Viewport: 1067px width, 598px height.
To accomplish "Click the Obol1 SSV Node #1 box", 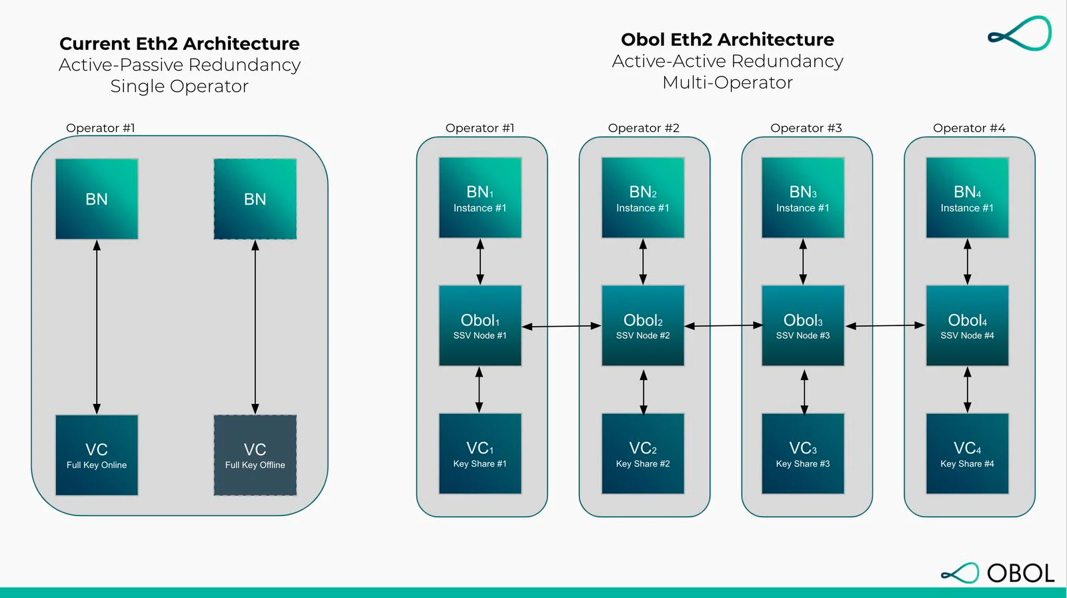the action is (x=480, y=325).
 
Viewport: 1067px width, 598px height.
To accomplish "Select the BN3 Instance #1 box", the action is (x=803, y=197).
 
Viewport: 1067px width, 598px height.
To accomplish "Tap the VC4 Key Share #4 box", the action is (x=968, y=454).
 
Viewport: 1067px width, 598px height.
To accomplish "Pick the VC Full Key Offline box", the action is (x=255, y=455).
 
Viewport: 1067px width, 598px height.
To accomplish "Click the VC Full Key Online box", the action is (x=97, y=455).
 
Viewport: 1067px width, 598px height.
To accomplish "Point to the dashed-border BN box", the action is (x=255, y=199).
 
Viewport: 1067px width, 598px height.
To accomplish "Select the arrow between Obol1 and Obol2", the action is (x=562, y=326).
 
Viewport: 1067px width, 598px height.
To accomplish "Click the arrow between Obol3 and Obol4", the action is (x=885, y=325).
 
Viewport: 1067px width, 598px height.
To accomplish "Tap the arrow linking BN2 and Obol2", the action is (x=643, y=262).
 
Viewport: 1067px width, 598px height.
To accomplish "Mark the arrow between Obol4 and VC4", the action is (x=968, y=390).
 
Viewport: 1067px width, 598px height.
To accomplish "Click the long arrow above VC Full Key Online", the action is (x=97, y=327).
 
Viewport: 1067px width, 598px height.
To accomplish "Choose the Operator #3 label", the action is (x=806, y=128).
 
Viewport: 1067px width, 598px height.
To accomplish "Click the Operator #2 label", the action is (x=644, y=128).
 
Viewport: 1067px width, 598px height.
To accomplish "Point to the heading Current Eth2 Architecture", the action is (x=179, y=44).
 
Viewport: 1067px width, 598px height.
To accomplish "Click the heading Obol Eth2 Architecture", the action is (x=728, y=39).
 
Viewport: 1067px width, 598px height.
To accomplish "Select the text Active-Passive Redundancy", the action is (x=179, y=65).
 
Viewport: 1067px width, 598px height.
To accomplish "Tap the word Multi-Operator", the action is (x=728, y=83).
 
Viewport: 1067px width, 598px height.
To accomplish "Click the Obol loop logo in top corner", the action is (x=1020, y=33).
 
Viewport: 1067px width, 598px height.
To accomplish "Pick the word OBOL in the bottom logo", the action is (x=1021, y=573).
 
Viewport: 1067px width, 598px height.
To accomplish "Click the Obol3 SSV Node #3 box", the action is (x=803, y=325).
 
